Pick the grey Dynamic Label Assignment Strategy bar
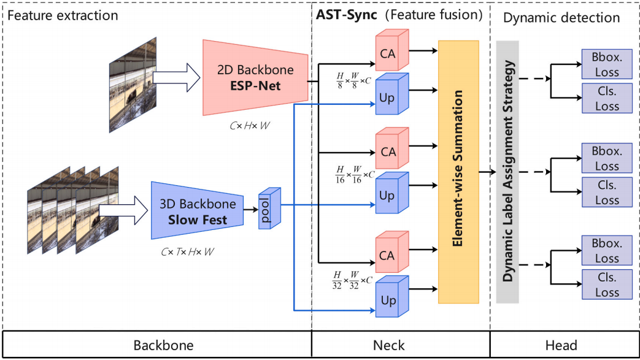[507, 172]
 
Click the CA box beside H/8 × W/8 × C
[387, 54]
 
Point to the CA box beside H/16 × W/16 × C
[387, 151]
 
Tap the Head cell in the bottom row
[561, 346]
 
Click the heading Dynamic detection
[561, 17]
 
